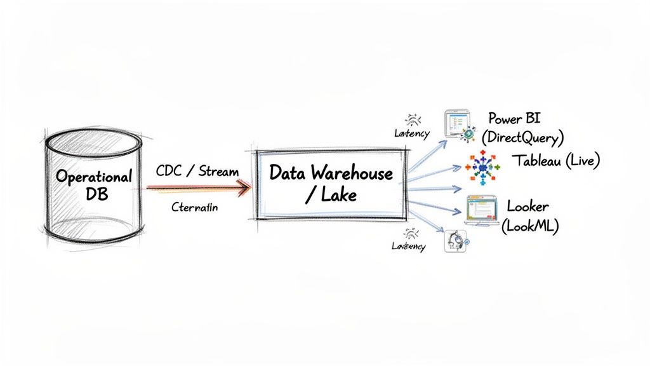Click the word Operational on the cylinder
[94, 176]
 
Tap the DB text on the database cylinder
[94, 194]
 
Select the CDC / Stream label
[197, 171]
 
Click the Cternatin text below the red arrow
[194, 207]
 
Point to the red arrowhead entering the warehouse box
[243, 187]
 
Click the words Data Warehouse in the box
[331, 172]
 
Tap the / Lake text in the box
[331, 195]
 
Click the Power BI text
[515, 118]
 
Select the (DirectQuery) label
[522, 137]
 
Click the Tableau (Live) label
[555, 161]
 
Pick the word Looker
[527, 206]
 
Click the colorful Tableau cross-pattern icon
[482, 168]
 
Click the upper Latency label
[411, 133]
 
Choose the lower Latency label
[409, 246]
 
